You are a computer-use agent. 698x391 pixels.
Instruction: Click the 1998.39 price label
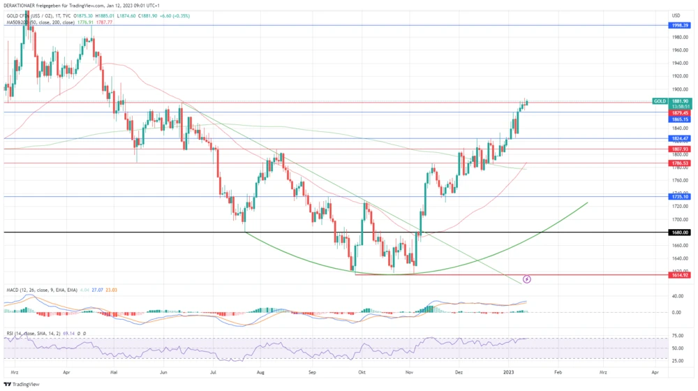coord(680,25)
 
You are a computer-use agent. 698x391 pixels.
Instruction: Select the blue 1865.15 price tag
coord(680,119)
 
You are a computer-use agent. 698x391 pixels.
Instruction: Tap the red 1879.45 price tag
coord(680,112)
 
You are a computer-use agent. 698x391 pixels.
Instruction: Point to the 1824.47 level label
coord(680,138)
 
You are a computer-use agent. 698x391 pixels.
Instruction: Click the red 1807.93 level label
coord(680,149)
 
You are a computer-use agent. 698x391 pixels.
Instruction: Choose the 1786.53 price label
coord(680,163)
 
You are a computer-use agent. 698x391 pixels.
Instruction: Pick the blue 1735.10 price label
coord(680,197)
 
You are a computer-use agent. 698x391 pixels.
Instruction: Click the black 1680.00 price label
coord(680,233)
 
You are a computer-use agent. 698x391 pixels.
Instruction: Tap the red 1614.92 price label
coord(680,275)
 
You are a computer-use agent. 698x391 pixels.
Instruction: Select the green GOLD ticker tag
coord(660,101)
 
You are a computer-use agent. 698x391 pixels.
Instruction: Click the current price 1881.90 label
coord(680,101)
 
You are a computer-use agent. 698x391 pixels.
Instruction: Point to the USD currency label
coord(676,15)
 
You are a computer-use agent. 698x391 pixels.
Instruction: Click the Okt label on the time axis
coord(362,374)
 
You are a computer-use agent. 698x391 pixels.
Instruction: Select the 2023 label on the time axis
coord(509,374)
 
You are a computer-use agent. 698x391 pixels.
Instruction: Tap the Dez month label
coord(459,374)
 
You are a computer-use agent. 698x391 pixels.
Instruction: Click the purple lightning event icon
coord(527,279)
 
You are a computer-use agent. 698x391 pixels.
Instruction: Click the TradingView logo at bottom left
coord(22,384)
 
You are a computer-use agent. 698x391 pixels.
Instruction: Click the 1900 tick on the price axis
coord(676,89)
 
